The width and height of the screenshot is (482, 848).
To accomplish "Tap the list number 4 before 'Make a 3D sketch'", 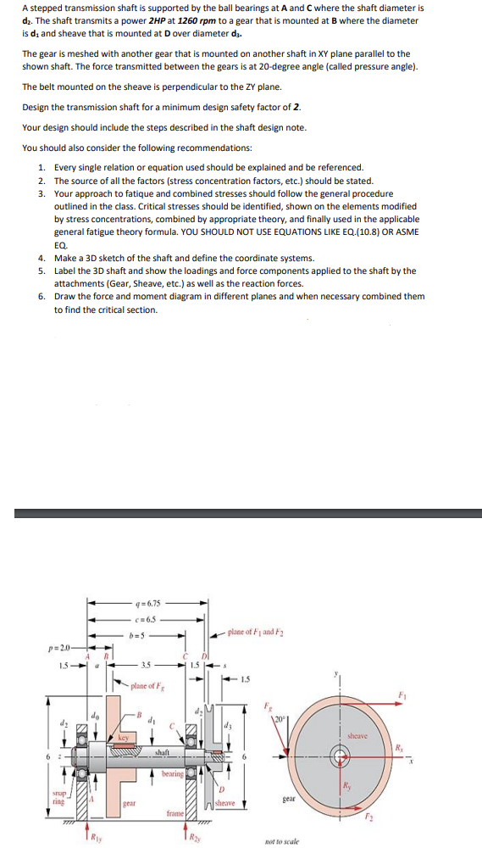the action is pyautogui.click(x=42, y=258).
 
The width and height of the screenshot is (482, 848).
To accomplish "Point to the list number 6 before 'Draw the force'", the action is pyautogui.click(x=42, y=297).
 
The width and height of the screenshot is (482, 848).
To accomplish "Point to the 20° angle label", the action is pyautogui.click(x=279, y=720).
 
